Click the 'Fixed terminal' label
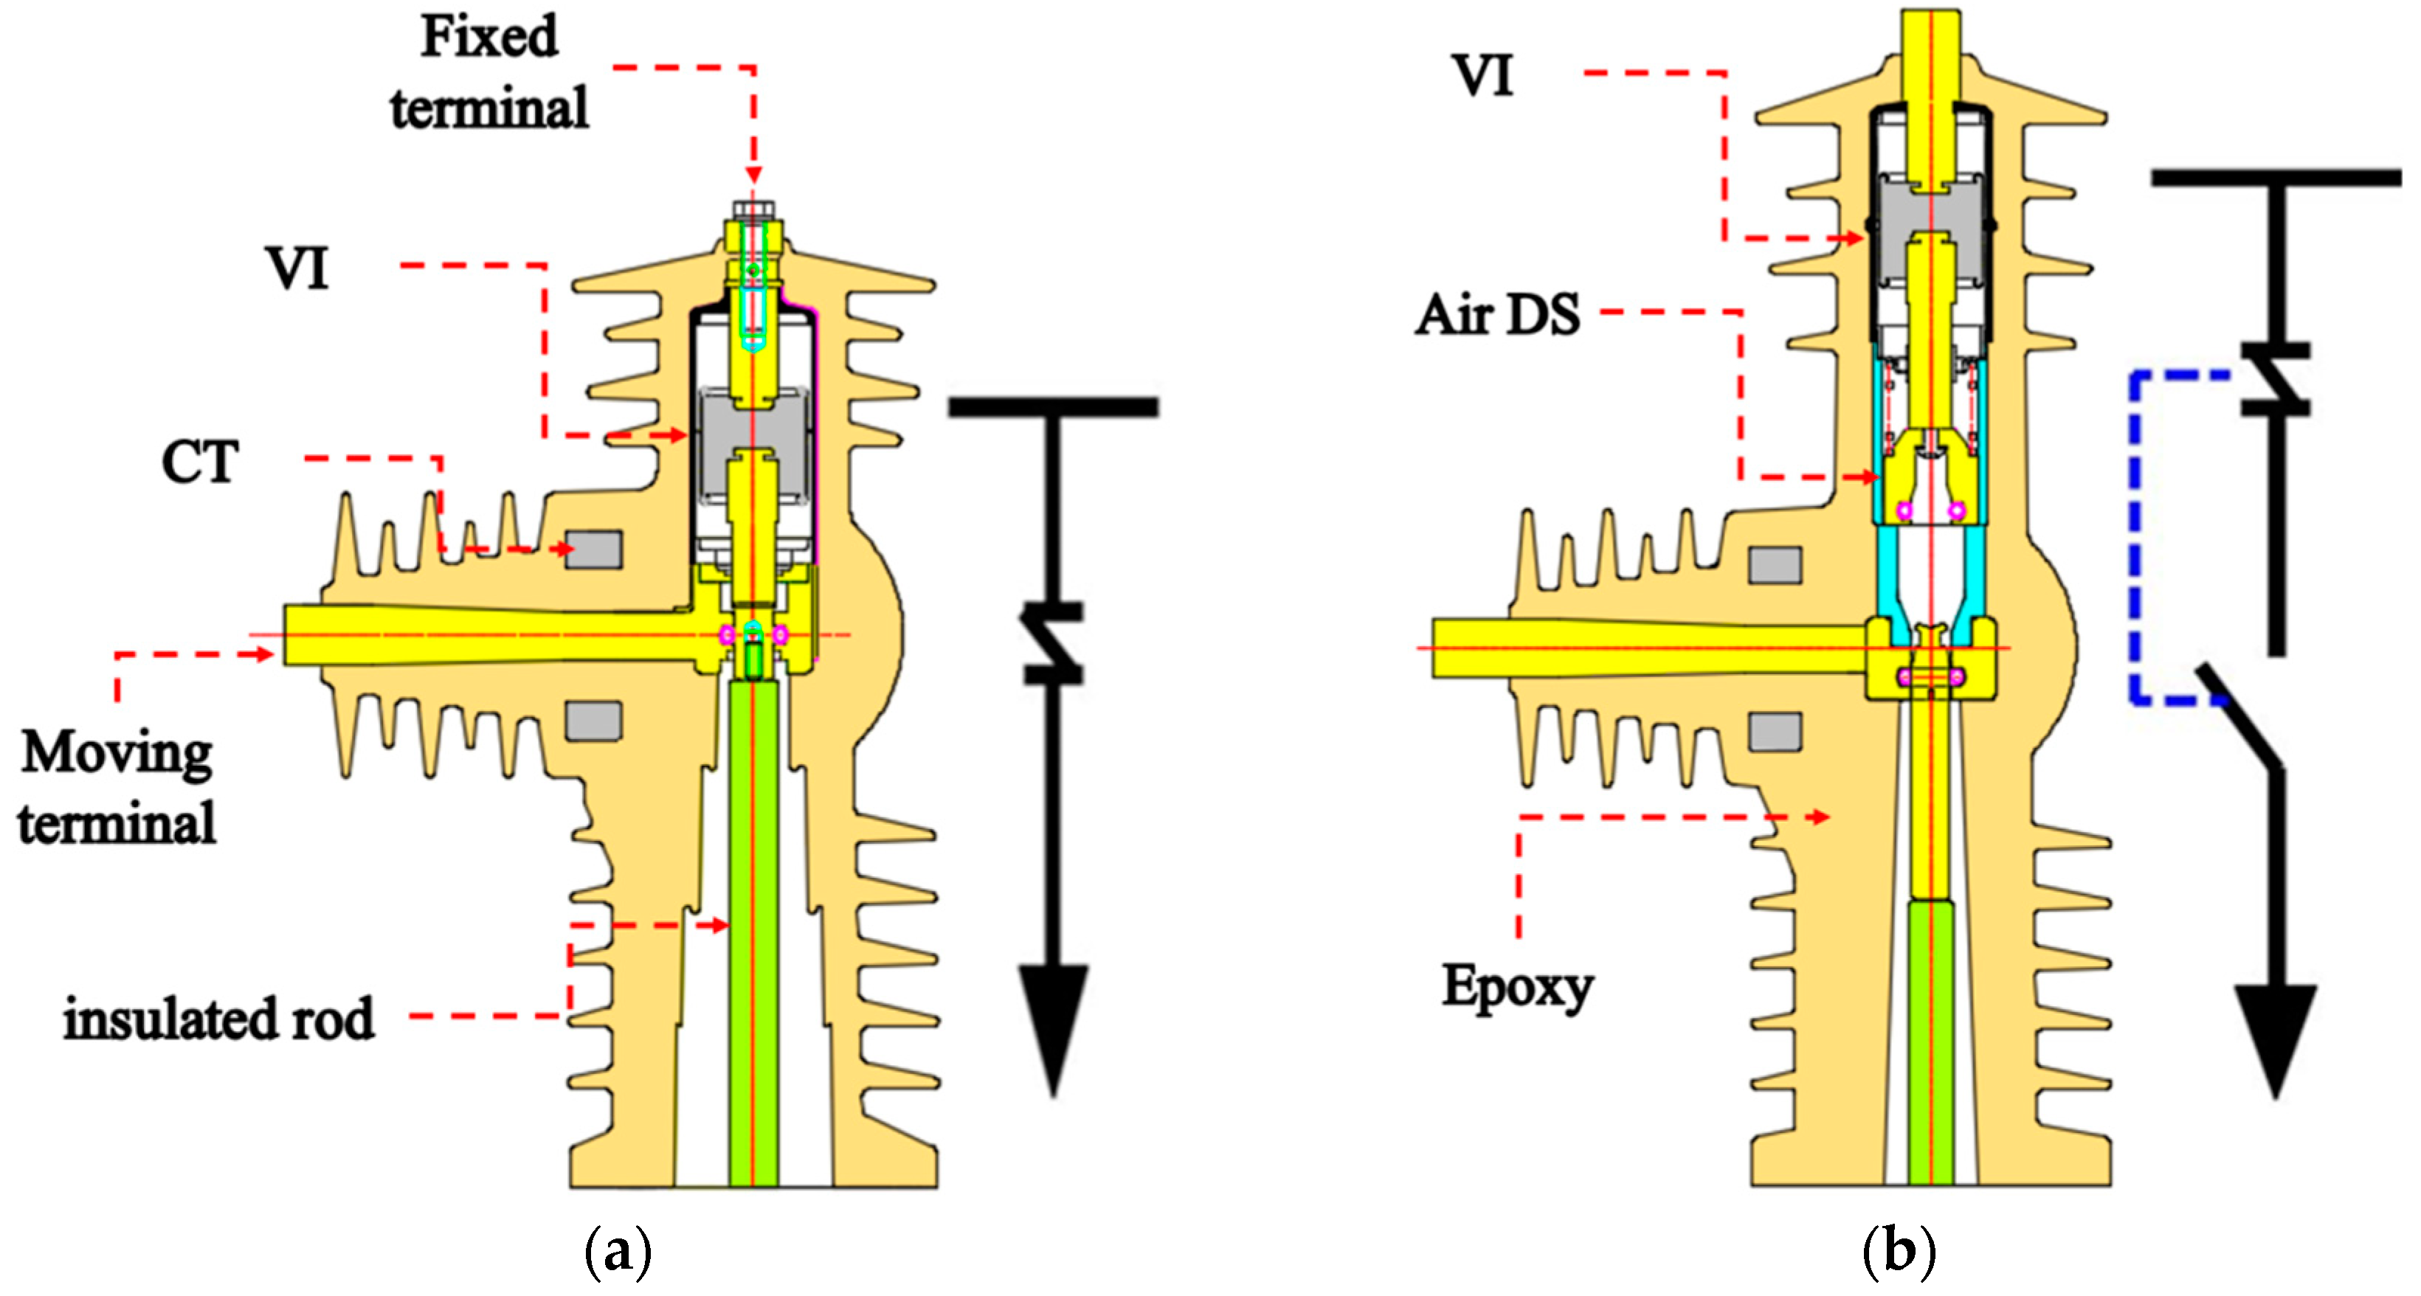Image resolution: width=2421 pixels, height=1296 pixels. [488, 73]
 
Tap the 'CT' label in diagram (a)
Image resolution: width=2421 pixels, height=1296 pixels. [199, 462]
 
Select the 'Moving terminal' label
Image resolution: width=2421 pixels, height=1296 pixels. [117, 788]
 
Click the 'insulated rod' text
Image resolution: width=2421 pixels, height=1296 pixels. [218, 1019]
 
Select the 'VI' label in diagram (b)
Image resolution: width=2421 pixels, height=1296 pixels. [1483, 76]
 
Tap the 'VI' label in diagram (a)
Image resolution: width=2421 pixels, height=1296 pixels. [297, 268]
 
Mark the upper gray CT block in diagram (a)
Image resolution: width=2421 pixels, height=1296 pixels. [593, 550]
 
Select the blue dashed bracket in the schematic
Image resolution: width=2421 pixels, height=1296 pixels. [2136, 536]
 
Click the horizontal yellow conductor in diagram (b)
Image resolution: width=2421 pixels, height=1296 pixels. [1645, 648]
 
